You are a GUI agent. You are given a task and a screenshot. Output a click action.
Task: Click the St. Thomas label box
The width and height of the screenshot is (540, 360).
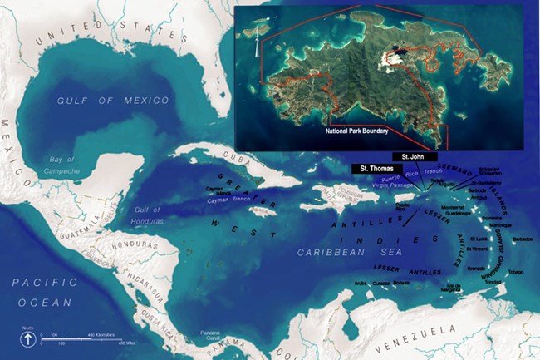(371, 168)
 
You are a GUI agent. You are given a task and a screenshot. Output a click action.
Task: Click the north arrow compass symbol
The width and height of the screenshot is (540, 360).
(27, 338)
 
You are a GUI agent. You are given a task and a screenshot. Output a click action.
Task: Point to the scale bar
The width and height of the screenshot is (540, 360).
(83, 338)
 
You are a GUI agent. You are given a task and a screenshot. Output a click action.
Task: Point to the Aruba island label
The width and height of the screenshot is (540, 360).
(360, 284)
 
